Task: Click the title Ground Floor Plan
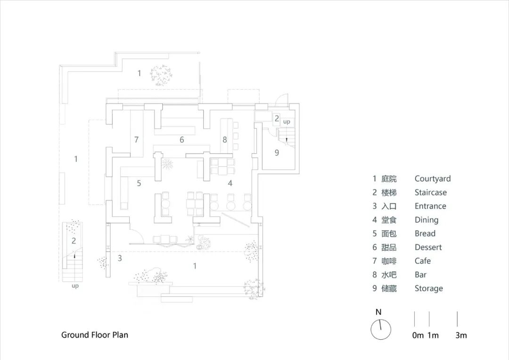(95, 335)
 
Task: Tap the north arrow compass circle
(381, 329)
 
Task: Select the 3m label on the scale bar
(461, 335)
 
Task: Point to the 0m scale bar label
(418, 335)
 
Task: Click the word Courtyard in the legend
(433, 179)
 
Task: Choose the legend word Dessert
(428, 247)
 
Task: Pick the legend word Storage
(429, 288)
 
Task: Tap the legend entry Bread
(425, 233)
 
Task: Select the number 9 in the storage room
(277, 153)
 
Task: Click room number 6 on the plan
(181, 140)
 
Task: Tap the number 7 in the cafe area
(136, 139)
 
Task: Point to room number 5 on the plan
(139, 183)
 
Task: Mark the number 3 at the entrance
(120, 258)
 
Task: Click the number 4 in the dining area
(230, 183)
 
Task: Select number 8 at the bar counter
(225, 139)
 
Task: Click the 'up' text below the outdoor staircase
(75, 286)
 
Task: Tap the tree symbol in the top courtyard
(161, 75)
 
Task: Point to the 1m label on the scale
(433, 335)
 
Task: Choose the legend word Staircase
(431, 192)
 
